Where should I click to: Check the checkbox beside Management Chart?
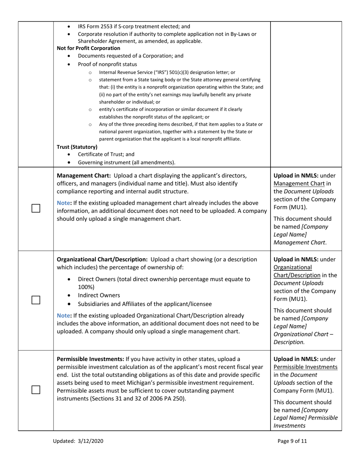pos(36,208)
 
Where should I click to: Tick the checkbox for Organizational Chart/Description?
pos(36,300)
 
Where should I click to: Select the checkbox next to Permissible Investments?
pos(36,389)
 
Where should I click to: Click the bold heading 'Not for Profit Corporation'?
pos(88,48)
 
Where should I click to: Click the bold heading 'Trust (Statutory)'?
pos(77,147)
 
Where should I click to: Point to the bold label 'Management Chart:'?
pos(84,176)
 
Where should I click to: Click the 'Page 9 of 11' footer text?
pos(292,441)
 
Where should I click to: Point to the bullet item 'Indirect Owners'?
pos(99,295)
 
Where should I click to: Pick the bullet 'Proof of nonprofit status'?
pos(108,64)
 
